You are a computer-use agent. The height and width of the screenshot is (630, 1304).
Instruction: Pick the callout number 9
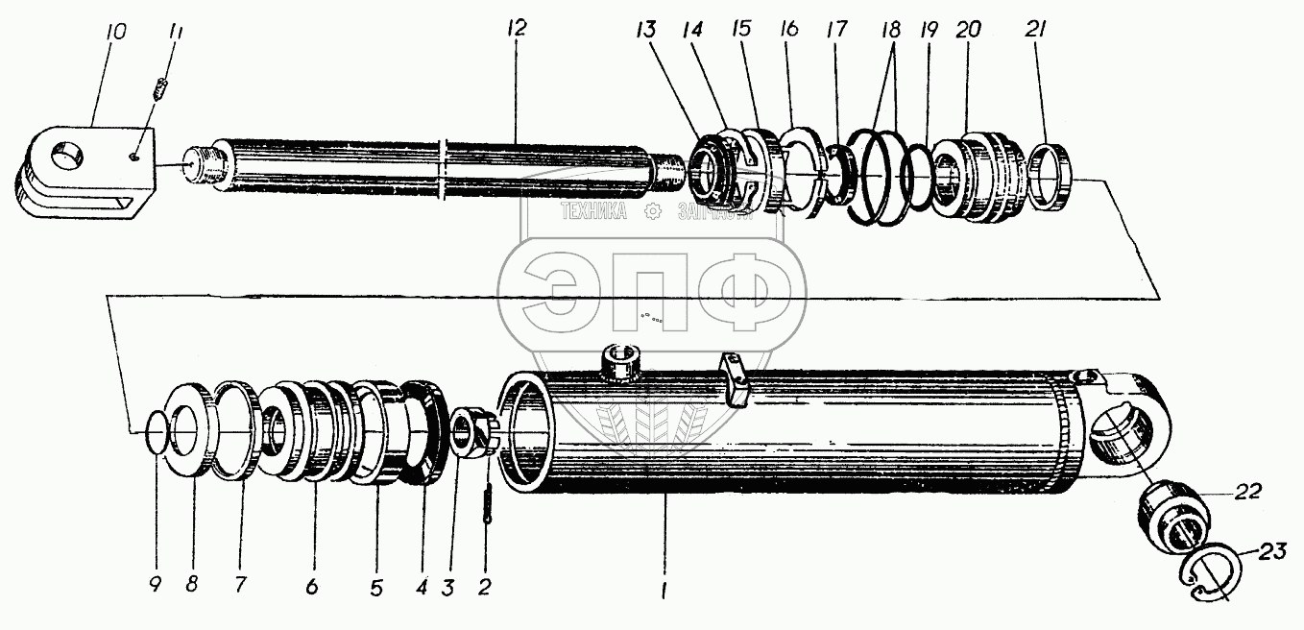tap(157, 582)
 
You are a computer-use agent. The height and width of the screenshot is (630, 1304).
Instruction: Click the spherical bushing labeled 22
tap(1173, 511)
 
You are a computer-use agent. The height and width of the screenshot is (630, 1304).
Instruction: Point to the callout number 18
tap(892, 30)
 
